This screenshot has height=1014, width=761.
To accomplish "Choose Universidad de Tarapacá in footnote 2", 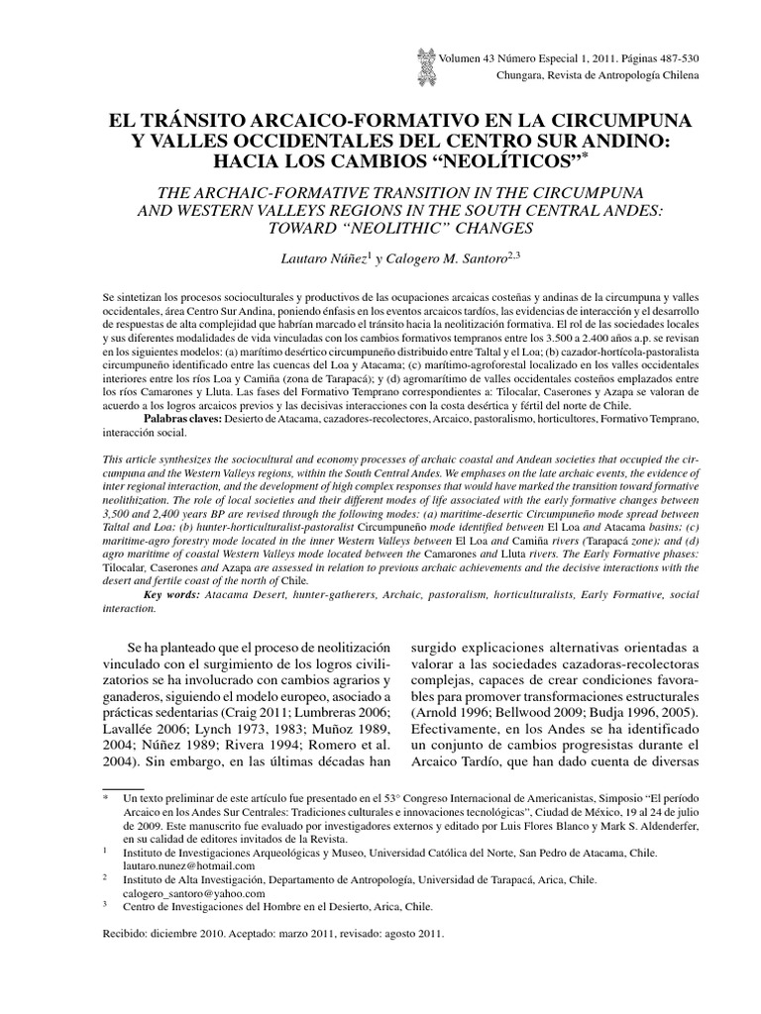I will [486, 879].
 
